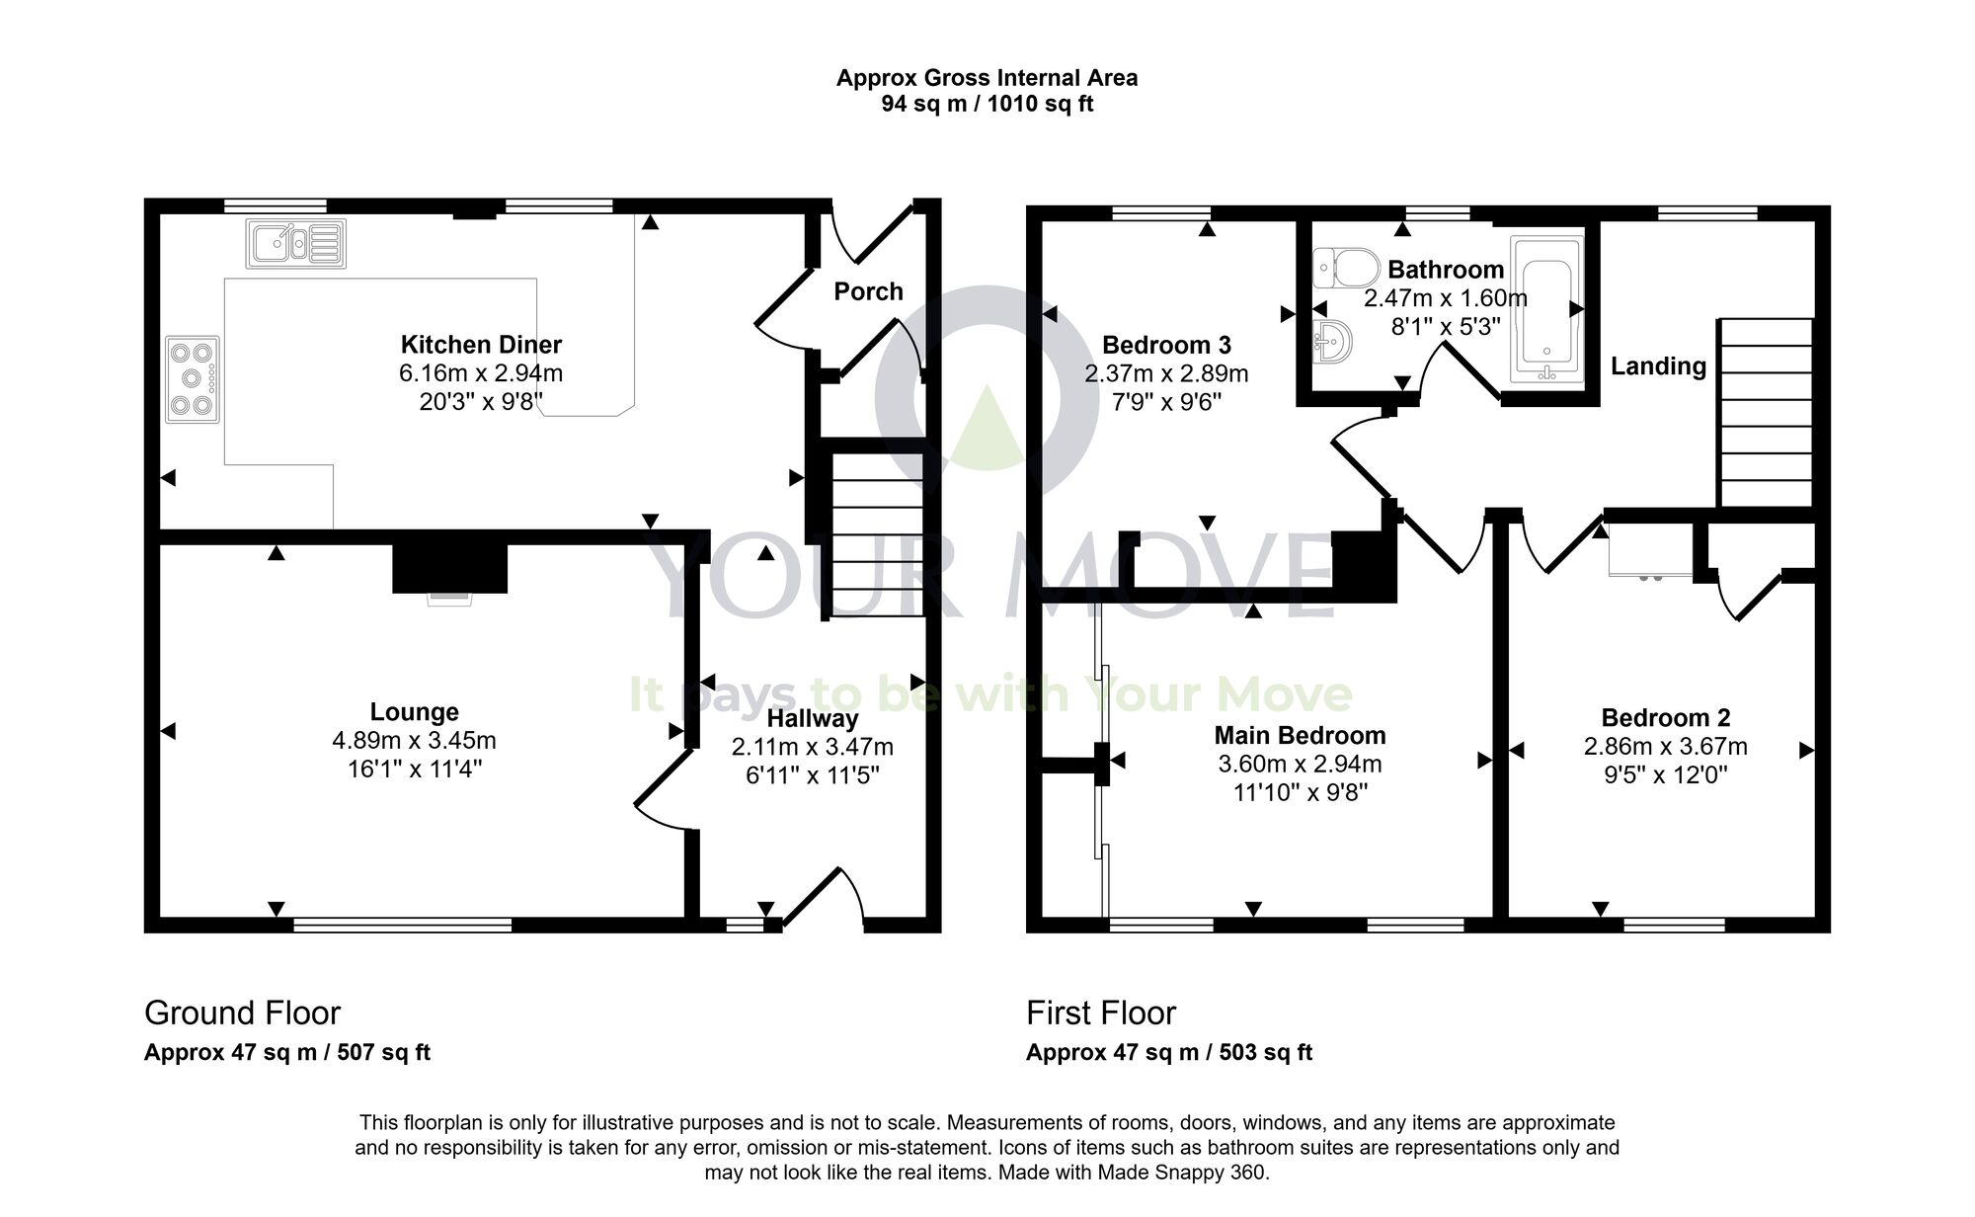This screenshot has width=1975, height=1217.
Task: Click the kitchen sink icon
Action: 296,243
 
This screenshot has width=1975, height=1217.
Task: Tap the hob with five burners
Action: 193,379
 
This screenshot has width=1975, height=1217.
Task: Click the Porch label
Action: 868,291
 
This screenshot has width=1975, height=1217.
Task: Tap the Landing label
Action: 1658,366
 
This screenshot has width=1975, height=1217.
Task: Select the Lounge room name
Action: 414,712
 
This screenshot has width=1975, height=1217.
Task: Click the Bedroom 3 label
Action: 1166,345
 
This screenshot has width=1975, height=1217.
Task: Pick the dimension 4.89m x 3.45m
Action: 414,740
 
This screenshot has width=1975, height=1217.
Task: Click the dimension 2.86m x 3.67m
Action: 1665,746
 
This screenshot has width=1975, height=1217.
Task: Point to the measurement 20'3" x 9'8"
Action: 480,401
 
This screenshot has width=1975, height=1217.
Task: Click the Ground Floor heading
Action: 242,1013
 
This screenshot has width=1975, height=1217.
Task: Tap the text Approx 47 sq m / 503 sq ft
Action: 1168,1052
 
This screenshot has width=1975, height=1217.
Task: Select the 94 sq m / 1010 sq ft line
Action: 987,104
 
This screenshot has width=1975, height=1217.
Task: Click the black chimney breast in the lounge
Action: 449,567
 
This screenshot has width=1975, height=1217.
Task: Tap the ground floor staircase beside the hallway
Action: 876,534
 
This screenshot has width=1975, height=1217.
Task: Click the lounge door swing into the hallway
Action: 660,790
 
